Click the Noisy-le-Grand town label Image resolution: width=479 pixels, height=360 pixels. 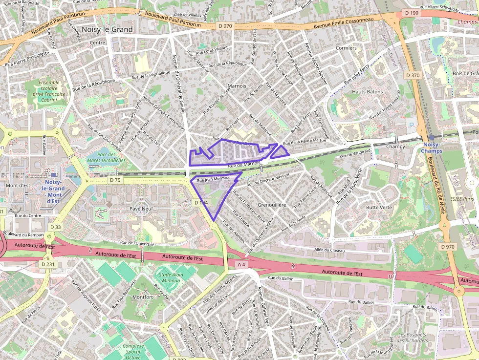107,29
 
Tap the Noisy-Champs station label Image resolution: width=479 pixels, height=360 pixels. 432,148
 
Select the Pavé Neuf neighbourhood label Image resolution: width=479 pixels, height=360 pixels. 142,208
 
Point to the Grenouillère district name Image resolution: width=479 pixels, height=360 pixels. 271,205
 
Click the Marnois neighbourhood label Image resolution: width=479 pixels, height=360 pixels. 237,86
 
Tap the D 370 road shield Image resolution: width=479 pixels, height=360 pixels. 413,75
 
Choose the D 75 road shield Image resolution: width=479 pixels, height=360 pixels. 115,180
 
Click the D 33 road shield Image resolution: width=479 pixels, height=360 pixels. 55,227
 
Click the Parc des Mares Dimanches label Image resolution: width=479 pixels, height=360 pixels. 106,157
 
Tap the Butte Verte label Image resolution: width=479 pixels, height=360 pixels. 379,207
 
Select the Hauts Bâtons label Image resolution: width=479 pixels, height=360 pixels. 368,92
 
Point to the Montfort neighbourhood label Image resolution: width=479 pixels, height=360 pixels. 142,296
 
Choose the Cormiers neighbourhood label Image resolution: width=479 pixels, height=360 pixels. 346,48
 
